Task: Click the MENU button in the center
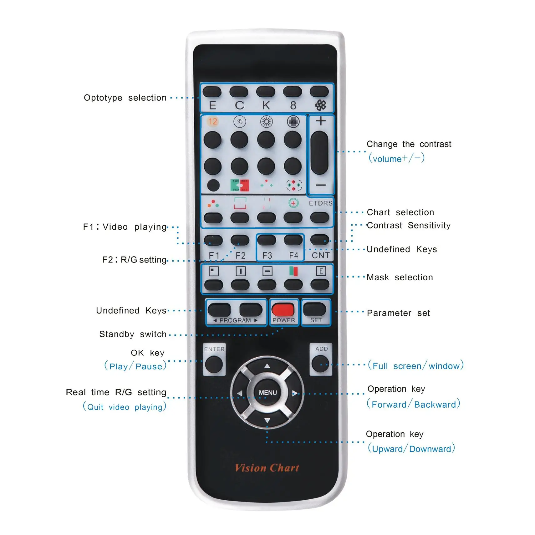click(x=267, y=392)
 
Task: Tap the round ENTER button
click(x=214, y=364)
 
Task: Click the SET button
click(x=314, y=309)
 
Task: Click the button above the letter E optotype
click(x=212, y=92)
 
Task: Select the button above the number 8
click(x=293, y=92)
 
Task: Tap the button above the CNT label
click(x=320, y=240)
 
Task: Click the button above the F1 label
click(x=213, y=240)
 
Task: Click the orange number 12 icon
click(x=213, y=121)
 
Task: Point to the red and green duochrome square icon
click(x=240, y=185)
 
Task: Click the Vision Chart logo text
click(x=267, y=468)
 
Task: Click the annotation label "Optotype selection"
click(x=125, y=98)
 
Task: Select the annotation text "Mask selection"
click(x=400, y=278)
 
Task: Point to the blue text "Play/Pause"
click(x=135, y=366)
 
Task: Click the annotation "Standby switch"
click(x=133, y=334)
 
